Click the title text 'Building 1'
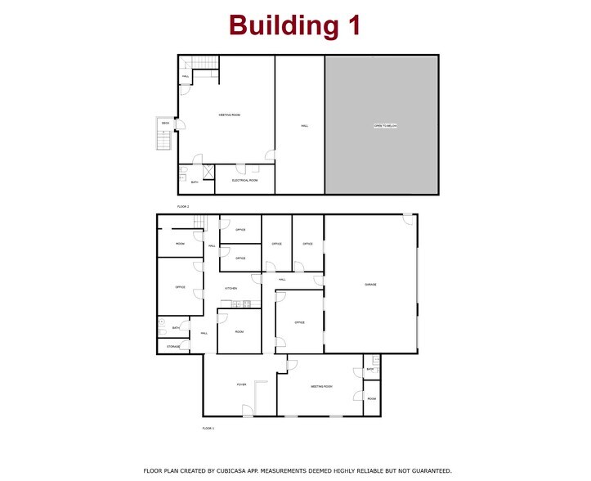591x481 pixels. pos(294,25)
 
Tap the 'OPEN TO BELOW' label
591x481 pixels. pos(385,126)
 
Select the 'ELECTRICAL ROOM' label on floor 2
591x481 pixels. pos(244,180)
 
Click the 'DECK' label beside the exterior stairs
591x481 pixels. pos(165,124)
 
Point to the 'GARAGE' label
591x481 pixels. pos(370,285)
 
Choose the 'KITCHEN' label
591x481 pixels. pos(231,289)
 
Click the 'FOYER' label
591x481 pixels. pos(242,384)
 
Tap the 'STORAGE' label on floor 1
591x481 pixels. pos(173,347)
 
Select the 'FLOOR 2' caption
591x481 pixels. pos(183,207)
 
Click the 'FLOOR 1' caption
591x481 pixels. pos(208,428)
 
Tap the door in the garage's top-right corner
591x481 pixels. pos(407,218)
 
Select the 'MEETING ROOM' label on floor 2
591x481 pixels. pos(229,115)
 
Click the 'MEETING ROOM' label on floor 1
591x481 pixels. pos(321,386)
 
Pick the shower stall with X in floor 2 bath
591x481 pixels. pos(208,172)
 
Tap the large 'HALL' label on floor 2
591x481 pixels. pos(304,126)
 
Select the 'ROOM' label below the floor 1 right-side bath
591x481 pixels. pos(371,398)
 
